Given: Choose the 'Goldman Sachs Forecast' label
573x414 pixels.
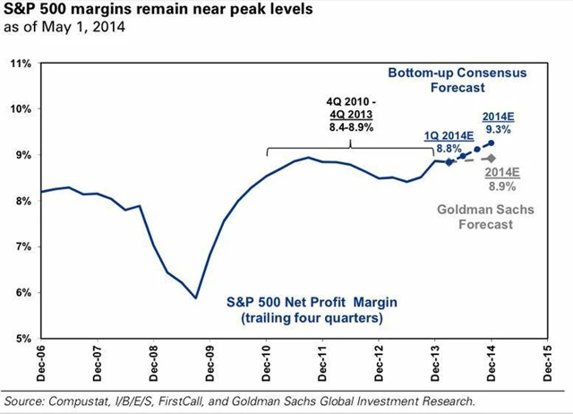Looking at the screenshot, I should pyautogui.click(x=475, y=218).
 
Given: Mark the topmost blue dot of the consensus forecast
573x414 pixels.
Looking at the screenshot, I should pyautogui.click(x=492, y=142).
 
